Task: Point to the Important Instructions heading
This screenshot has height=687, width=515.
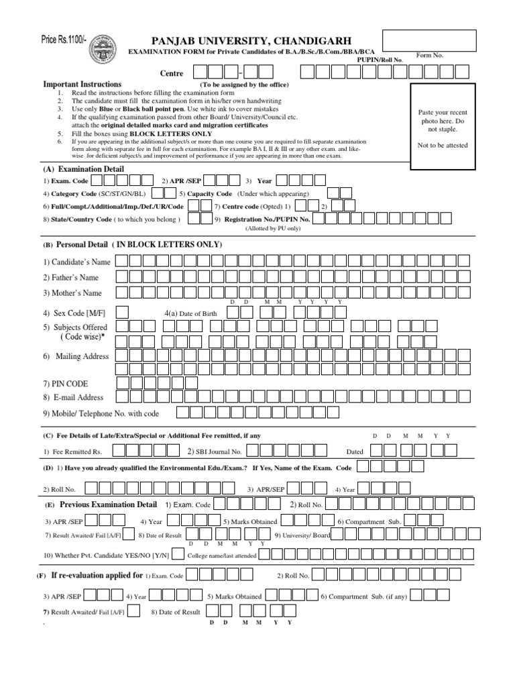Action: click(x=82, y=85)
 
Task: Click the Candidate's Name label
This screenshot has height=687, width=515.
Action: click(x=77, y=262)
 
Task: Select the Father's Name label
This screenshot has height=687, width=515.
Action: click(x=71, y=277)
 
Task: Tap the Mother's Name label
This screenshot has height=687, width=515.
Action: click(x=72, y=293)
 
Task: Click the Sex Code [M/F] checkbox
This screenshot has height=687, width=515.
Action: click(x=121, y=313)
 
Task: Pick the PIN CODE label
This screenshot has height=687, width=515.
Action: click(x=65, y=384)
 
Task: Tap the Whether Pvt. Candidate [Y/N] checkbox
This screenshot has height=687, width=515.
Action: click(x=178, y=553)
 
